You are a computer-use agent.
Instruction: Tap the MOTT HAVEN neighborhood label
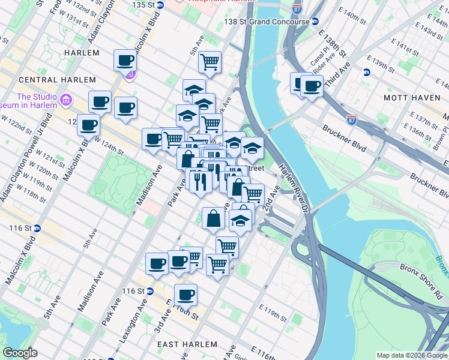click(411, 97)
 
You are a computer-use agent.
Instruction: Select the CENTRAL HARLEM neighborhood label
click(57, 80)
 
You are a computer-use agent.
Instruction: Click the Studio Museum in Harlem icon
click(65, 98)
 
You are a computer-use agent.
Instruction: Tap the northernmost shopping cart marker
click(209, 62)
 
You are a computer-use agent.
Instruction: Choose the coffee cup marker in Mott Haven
click(312, 85)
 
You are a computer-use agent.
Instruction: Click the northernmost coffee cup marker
click(125, 60)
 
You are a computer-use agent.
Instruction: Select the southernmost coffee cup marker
click(185, 295)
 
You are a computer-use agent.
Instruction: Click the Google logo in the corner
click(20, 353)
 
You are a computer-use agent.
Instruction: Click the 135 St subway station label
click(143, 4)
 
